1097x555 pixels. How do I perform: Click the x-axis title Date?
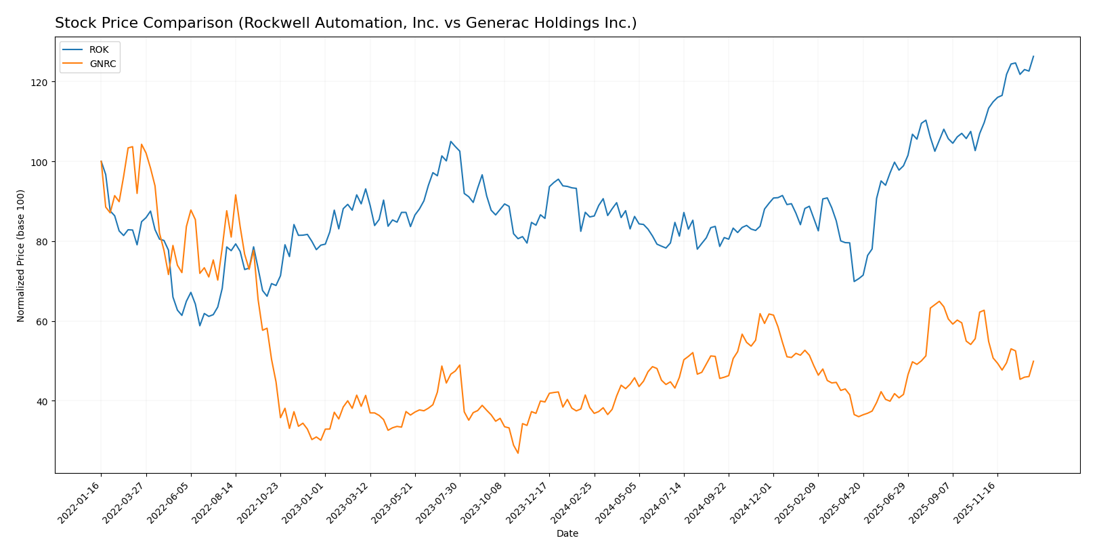[x=567, y=534]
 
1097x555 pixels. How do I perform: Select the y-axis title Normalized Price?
[x=21, y=255]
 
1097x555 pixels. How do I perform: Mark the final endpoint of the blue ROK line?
[x=1033, y=56]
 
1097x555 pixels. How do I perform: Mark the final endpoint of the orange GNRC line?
[x=1033, y=361]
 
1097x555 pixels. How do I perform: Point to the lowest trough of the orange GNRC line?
[x=518, y=453]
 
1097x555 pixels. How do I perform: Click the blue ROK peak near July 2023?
[x=450, y=142]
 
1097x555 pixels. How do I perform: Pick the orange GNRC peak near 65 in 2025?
[x=939, y=302]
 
